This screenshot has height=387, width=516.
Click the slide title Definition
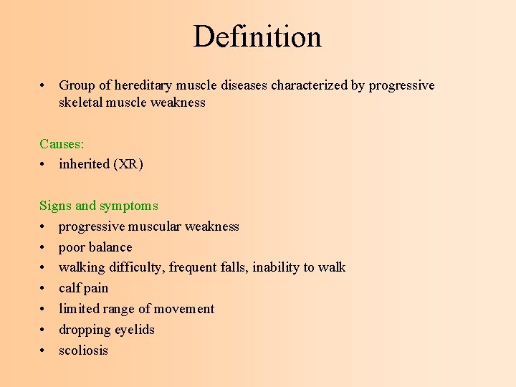257,37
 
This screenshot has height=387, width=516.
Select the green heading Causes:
62,144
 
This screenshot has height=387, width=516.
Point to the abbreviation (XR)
128,164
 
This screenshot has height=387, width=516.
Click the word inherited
84,164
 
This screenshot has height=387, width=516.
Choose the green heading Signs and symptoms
98,206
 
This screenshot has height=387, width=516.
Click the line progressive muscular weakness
148,226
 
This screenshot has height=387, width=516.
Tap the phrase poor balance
95,247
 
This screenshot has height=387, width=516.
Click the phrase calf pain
83,288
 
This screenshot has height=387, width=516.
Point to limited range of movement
136,309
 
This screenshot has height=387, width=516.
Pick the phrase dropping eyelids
106,330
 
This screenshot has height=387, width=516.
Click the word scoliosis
83,350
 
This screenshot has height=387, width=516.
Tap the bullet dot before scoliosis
43,350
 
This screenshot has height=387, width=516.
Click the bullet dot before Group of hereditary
43,86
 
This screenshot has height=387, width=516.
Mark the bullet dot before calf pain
43,288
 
